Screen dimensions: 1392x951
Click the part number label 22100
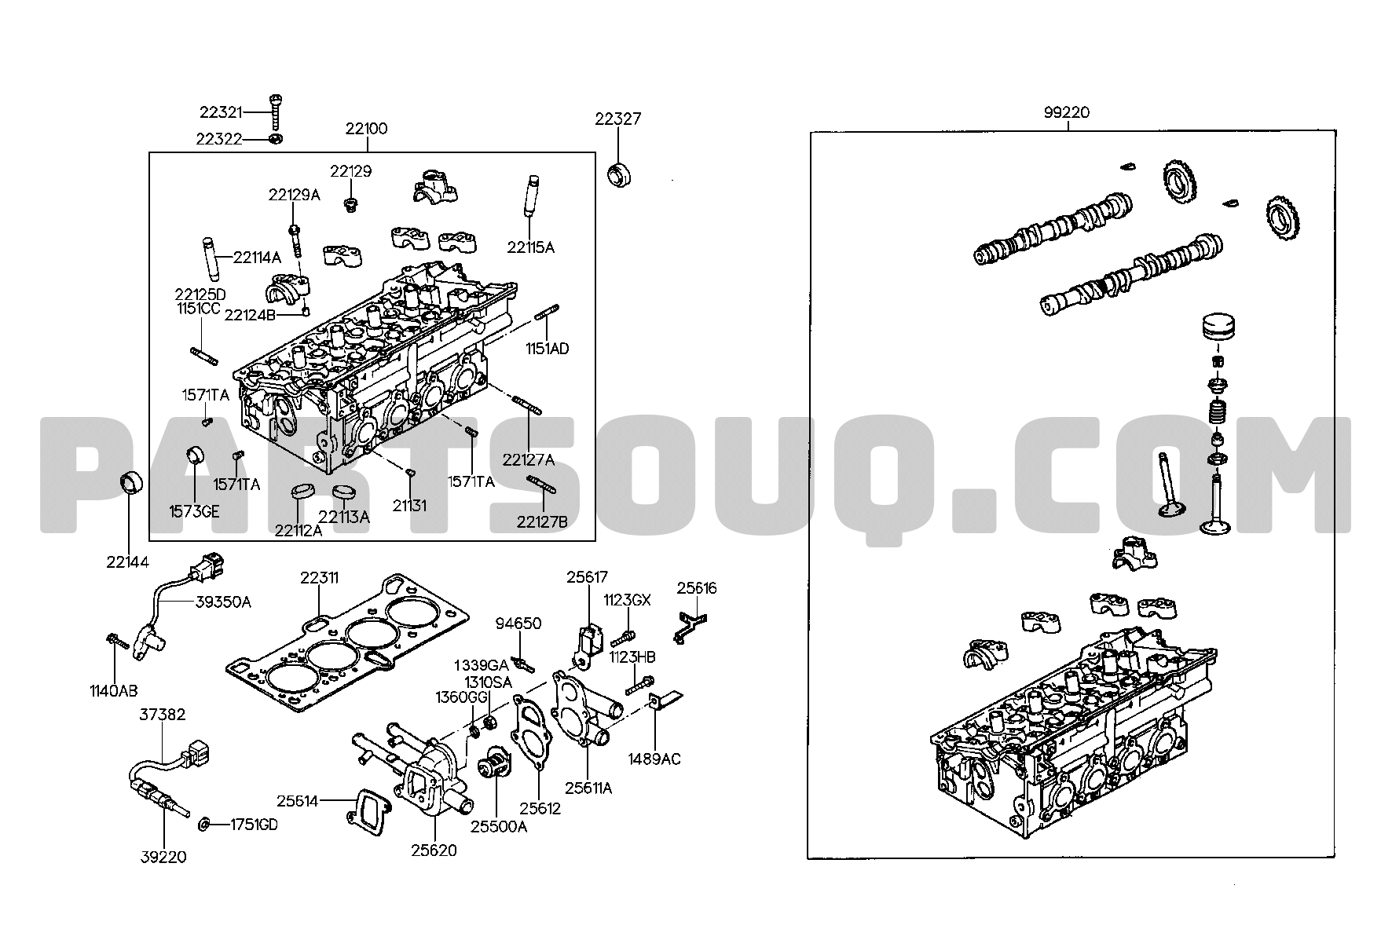point(366,129)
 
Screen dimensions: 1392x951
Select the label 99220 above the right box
point(1066,112)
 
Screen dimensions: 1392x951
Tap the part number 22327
point(617,119)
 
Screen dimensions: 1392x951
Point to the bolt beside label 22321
point(276,114)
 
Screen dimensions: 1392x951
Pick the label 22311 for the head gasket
point(319,578)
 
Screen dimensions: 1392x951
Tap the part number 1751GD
point(254,825)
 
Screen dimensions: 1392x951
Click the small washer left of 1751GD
point(204,824)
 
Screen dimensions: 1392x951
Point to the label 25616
point(697,588)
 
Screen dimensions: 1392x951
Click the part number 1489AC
point(654,759)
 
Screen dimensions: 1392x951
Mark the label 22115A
point(530,247)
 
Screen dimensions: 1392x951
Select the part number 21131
point(409,506)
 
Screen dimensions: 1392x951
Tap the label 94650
point(518,624)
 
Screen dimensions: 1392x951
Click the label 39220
point(164,857)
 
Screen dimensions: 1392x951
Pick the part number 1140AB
point(113,691)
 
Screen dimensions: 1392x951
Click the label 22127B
point(542,521)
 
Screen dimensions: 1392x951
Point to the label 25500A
point(498,826)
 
